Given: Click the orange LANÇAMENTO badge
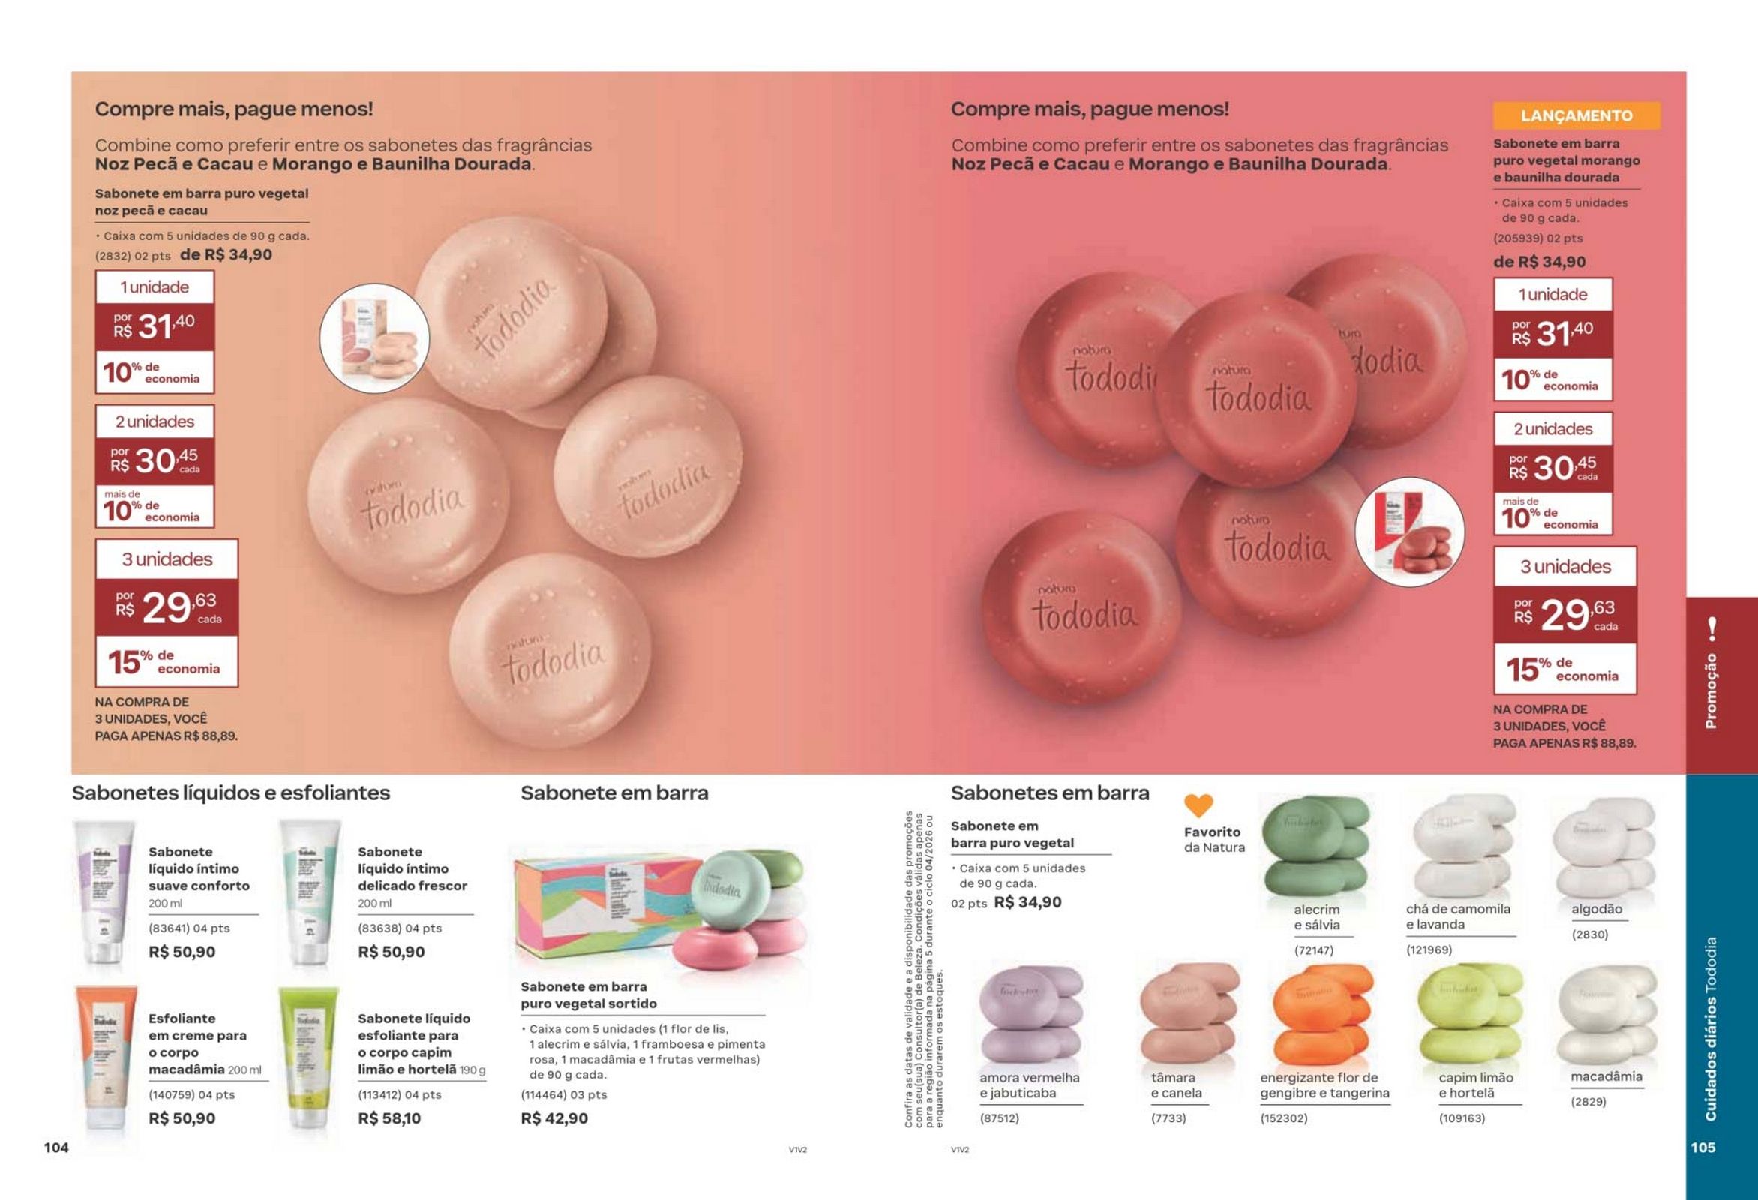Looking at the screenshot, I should pos(1576,115).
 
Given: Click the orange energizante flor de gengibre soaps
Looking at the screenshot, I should pos(1321,1015).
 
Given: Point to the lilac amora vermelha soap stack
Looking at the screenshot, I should pos(1031,1015).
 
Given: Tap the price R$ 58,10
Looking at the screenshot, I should pos(388,1118).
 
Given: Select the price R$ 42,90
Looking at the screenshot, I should pos(553,1118).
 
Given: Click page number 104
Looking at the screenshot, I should pos(56,1147).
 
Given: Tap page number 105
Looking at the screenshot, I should pos(1702,1147).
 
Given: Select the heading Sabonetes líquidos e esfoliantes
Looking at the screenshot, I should pos(231,793).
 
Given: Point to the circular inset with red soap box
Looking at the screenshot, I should pos(1408,532).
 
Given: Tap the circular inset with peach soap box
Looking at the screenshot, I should pos(374,337).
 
